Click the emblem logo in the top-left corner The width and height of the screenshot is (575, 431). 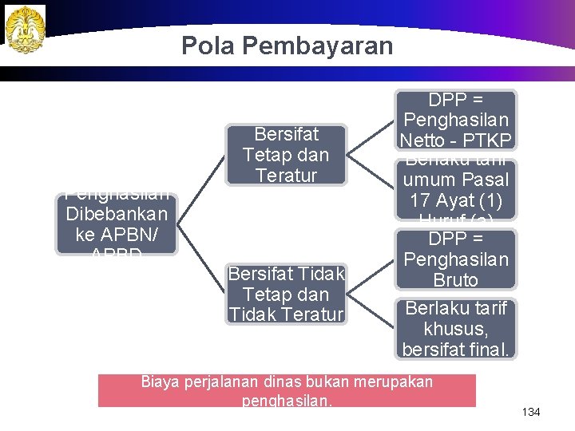[x=26, y=29]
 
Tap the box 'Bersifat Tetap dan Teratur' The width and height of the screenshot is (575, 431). [x=285, y=154]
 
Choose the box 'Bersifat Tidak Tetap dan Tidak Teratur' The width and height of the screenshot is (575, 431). [x=286, y=295]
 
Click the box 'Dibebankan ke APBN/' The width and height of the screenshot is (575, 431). [x=117, y=223]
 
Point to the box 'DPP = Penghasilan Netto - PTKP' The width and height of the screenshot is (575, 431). [x=457, y=120]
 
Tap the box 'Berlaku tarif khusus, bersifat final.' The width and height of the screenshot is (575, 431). [x=456, y=328]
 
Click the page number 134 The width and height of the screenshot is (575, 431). [x=531, y=412]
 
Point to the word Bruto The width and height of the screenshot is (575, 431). [x=456, y=280]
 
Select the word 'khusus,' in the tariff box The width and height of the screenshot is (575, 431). [x=456, y=328]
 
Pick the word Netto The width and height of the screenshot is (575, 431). [x=426, y=140]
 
